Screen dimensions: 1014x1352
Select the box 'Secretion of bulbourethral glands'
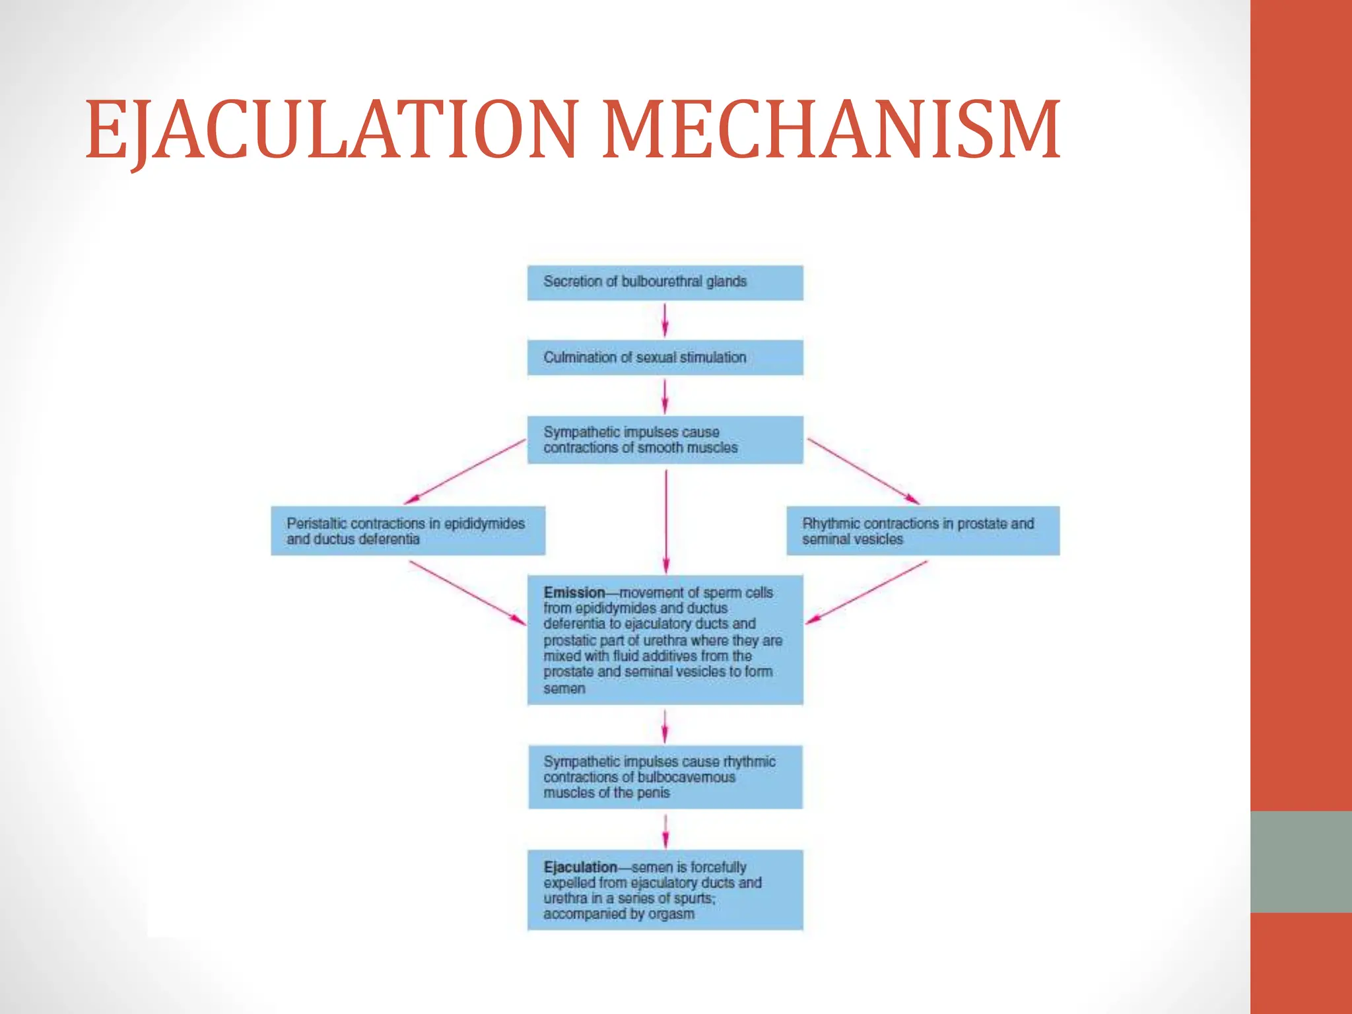(x=665, y=283)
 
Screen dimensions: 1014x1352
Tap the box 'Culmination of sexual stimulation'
(x=665, y=357)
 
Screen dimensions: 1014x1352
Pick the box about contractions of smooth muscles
(x=665, y=440)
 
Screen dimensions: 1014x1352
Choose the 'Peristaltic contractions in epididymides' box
(x=408, y=531)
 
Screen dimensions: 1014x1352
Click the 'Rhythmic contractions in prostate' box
(x=923, y=531)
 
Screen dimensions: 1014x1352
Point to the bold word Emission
(x=574, y=593)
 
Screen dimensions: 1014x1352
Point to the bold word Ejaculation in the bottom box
(x=580, y=867)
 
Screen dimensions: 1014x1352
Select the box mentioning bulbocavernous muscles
(x=665, y=777)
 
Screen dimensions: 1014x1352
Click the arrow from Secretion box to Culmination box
(x=665, y=320)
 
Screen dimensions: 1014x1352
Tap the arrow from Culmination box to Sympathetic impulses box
(x=665, y=395)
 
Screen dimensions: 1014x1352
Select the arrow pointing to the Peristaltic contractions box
(x=465, y=471)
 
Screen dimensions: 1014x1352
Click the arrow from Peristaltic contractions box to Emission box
(x=467, y=592)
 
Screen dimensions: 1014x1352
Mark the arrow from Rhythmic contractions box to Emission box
(x=866, y=591)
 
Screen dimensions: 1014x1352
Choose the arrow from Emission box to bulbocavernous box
(x=665, y=726)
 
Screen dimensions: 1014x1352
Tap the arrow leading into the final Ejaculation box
(x=665, y=830)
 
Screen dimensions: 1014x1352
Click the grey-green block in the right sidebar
(x=1301, y=862)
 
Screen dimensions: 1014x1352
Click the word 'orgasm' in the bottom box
(x=672, y=914)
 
